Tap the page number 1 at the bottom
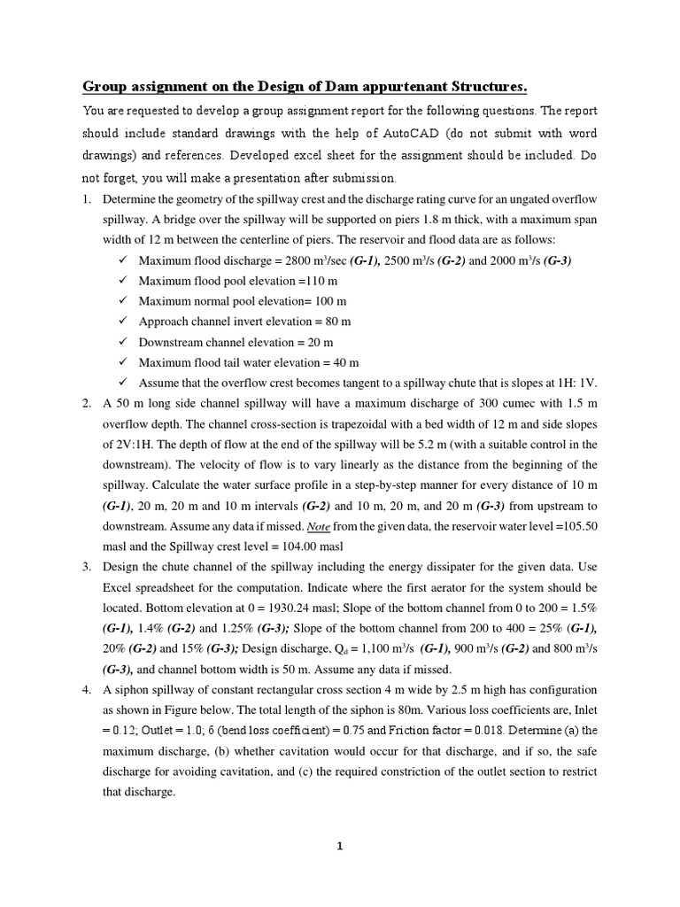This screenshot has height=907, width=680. tap(339, 846)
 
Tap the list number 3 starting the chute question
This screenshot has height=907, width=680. tap(87, 567)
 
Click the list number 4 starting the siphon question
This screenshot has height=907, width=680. tap(87, 689)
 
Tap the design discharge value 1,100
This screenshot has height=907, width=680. tap(365, 648)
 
